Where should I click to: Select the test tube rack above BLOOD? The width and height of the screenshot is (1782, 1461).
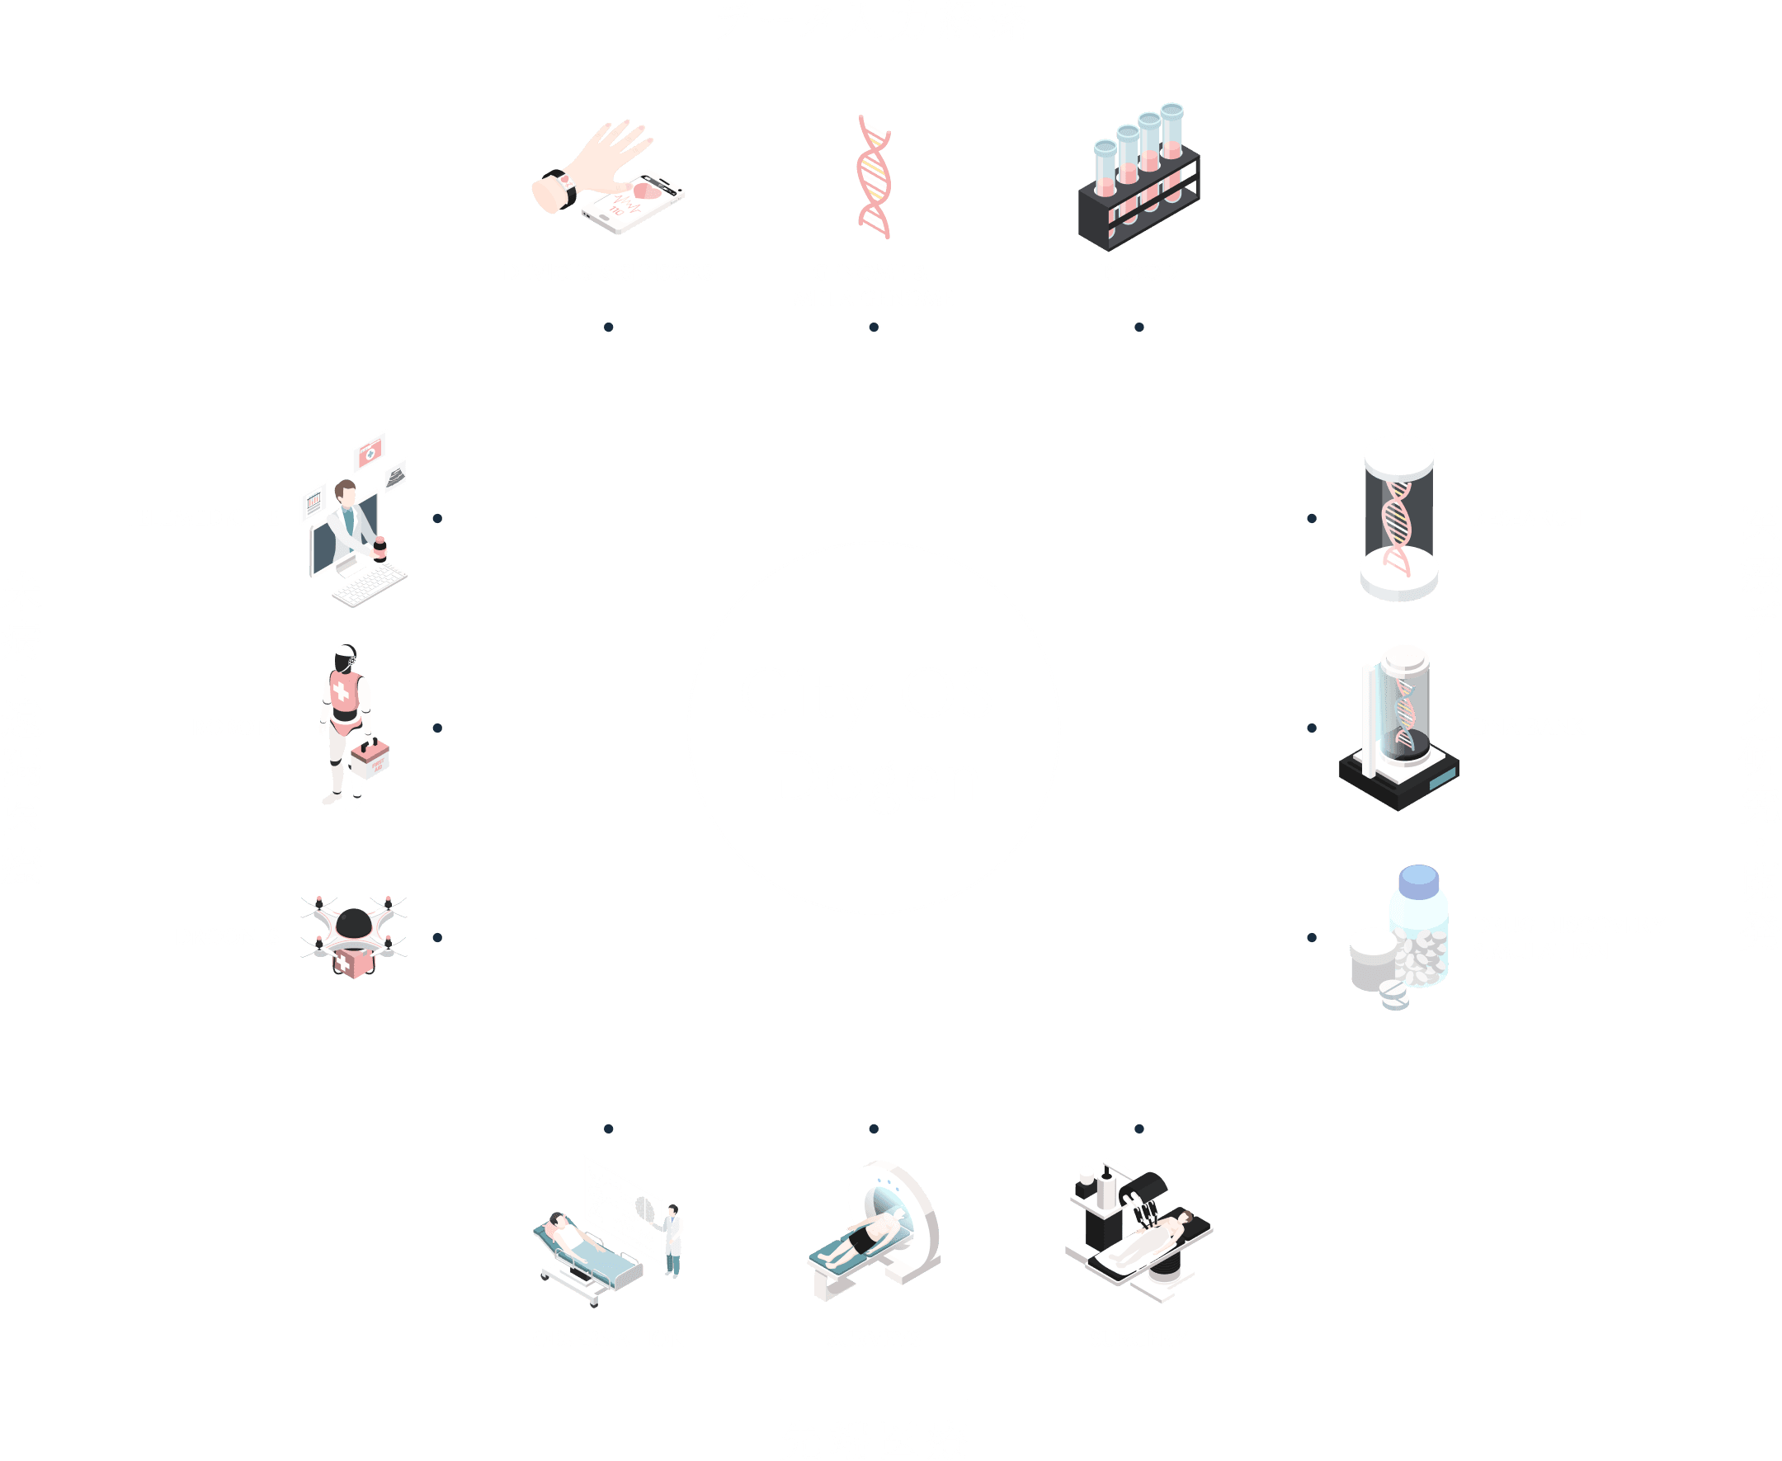click(x=1138, y=181)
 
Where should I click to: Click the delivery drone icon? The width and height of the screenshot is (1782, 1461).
click(x=354, y=934)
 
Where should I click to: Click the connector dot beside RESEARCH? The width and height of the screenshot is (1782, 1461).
click(x=1312, y=518)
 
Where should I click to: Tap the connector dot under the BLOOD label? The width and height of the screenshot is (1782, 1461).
click(x=1138, y=327)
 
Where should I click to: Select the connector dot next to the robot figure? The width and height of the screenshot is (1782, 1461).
click(x=437, y=728)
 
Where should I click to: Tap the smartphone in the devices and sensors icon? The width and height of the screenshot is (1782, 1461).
click(x=635, y=202)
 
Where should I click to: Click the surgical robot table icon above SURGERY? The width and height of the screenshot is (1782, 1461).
click(x=1138, y=1233)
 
